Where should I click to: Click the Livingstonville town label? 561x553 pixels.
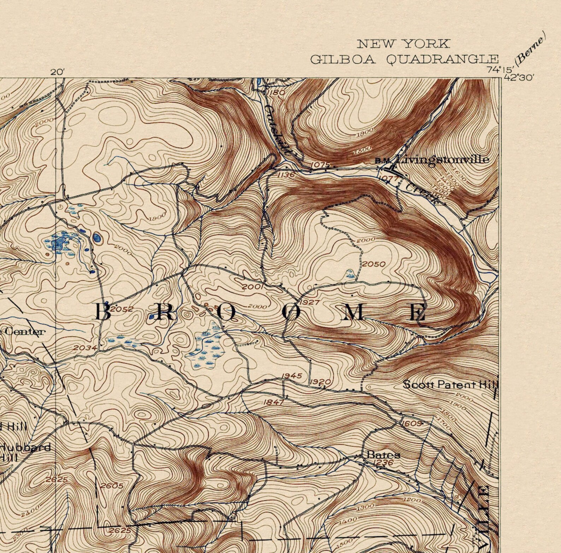pos(442,160)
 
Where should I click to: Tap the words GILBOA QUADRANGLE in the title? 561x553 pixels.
pos(404,59)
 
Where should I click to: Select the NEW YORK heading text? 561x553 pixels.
pos(403,44)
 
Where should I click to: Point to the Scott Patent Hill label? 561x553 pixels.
pos(450,384)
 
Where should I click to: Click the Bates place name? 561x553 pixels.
pos(383,454)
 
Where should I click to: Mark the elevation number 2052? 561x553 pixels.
pos(122,309)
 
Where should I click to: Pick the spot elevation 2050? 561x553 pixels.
pos(374,264)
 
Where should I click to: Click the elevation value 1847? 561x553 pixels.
pos(274,402)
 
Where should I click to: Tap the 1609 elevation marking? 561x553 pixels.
pos(411,423)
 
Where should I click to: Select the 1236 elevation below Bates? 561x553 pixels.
pos(383,463)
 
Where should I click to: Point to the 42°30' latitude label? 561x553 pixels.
pos(519,78)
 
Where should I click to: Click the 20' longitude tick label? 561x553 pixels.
pos(58,72)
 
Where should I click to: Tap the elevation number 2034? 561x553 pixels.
pos(85,347)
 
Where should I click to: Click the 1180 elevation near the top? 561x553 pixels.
pos(276,93)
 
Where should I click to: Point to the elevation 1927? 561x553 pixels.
pos(309,302)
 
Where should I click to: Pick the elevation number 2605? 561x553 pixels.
pos(112,486)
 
